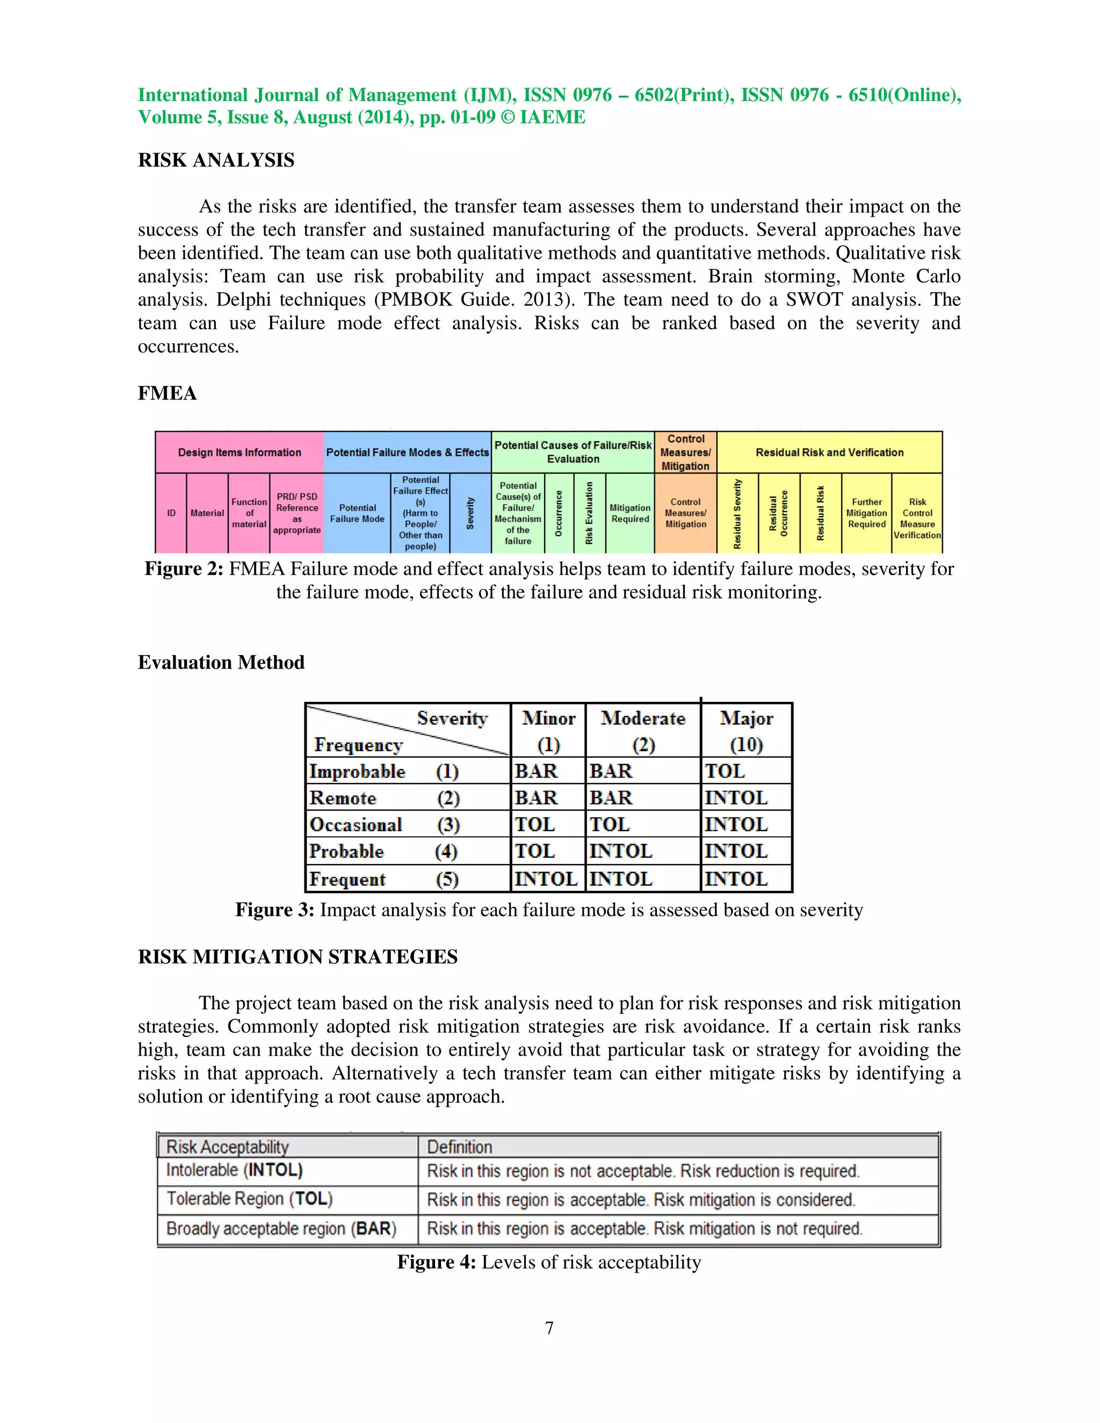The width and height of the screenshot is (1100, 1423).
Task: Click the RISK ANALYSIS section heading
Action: [216, 159]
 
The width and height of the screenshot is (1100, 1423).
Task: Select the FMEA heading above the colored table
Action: [167, 393]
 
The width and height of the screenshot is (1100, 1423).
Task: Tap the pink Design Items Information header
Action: [239, 452]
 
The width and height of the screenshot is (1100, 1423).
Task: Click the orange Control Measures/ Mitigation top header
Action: [685, 452]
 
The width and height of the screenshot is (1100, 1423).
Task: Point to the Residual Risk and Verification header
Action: [829, 452]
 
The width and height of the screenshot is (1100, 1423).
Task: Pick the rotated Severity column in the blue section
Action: [470, 513]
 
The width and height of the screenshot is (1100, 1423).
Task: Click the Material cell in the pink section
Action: [207, 513]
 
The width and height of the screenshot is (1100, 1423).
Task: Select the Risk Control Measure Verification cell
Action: [917, 519]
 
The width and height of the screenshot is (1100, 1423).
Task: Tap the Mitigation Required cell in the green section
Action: [629, 513]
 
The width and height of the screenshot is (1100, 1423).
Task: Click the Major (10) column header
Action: [746, 730]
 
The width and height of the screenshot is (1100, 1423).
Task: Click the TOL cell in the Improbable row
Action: [725, 772]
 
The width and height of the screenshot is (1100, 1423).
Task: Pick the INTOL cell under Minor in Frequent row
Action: [546, 879]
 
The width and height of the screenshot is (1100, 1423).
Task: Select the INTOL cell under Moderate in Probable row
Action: [620, 852]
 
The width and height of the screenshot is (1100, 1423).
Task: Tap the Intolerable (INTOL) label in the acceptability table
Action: [235, 1170]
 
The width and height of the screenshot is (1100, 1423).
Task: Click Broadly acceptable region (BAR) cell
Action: [281, 1229]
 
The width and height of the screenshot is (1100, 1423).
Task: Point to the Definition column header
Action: [459, 1147]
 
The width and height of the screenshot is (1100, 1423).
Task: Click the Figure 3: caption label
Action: [274, 910]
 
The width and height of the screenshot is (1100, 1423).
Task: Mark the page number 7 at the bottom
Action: [549, 1328]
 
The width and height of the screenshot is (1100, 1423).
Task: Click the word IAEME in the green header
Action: [553, 117]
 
